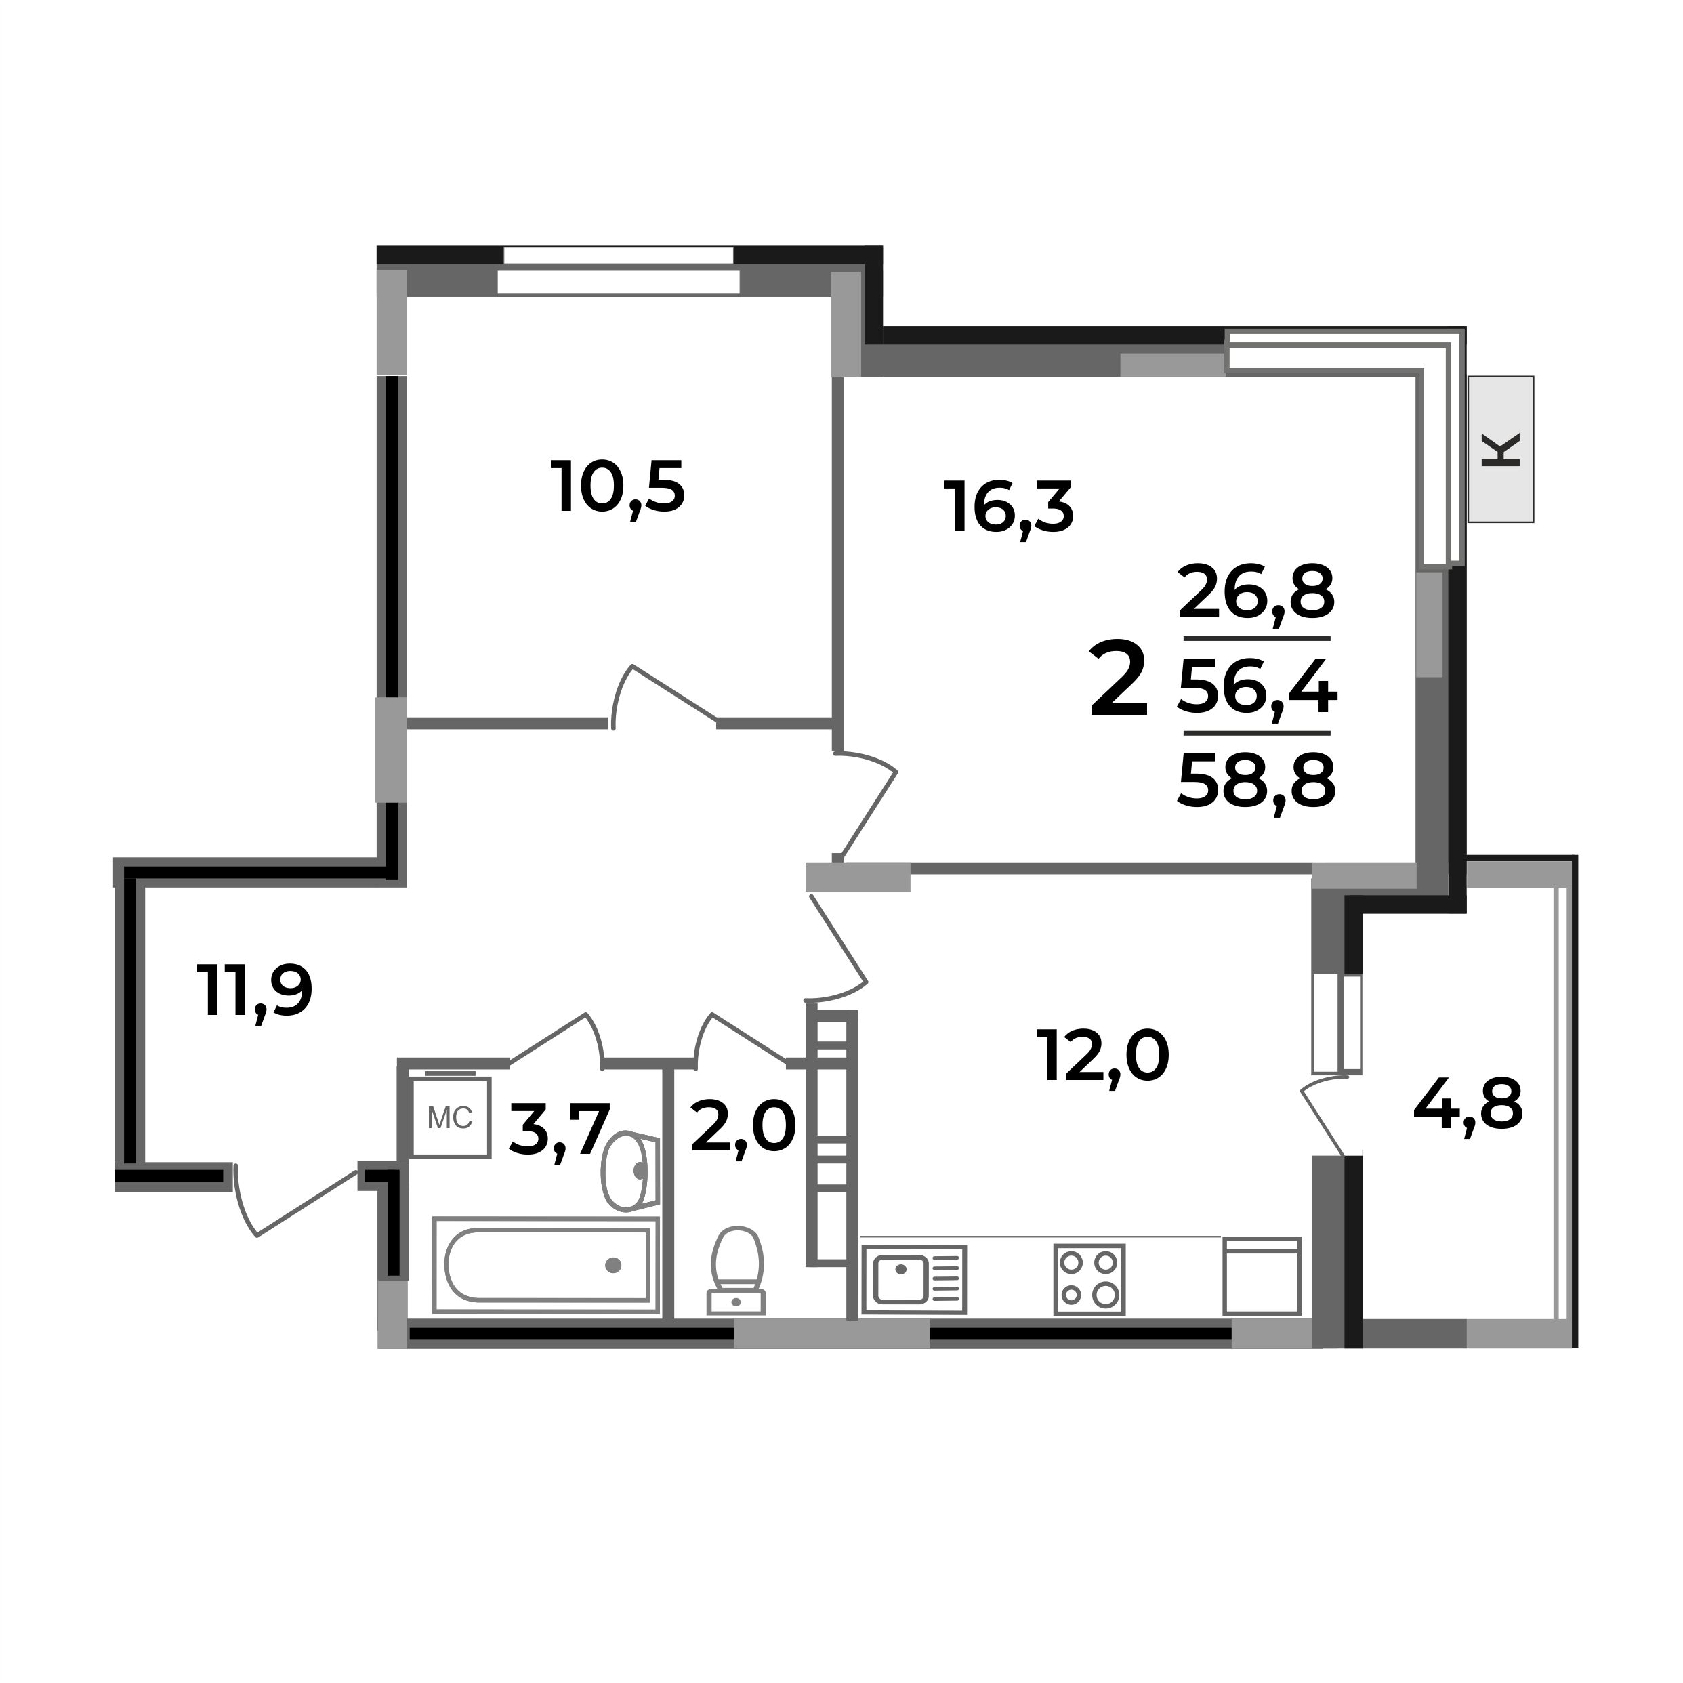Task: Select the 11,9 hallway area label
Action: pyautogui.click(x=253, y=991)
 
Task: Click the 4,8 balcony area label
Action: pyautogui.click(x=1468, y=1104)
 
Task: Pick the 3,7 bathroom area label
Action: pyautogui.click(x=558, y=1129)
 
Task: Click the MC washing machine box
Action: pyautogui.click(x=451, y=1118)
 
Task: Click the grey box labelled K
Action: pyautogui.click(x=1500, y=449)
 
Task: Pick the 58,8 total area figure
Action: pyautogui.click(x=1256, y=781)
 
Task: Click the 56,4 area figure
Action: pyautogui.click(x=1256, y=686)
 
